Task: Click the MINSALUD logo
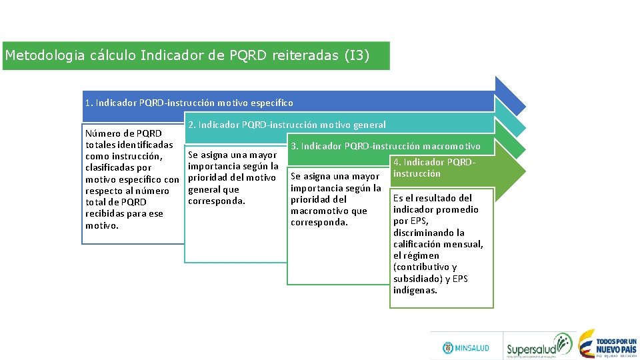click(x=466, y=348)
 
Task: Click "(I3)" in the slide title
click(x=356, y=55)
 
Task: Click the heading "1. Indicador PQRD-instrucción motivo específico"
click(x=189, y=103)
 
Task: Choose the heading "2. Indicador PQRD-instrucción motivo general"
click(x=287, y=125)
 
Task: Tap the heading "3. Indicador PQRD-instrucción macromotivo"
click(x=385, y=146)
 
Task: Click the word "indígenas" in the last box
click(x=415, y=290)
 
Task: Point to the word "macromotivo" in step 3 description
click(x=320, y=211)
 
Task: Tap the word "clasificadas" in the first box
click(x=109, y=167)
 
